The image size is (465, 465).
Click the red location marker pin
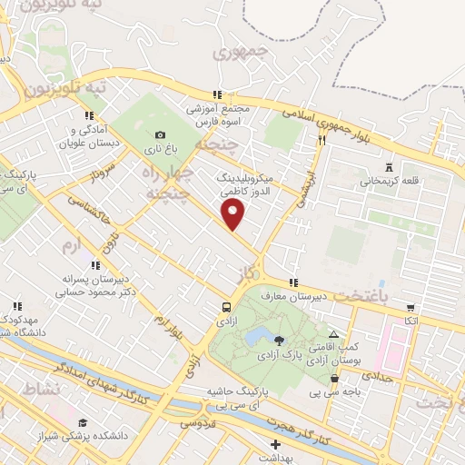(x=233, y=214)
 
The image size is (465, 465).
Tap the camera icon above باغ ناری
(x=161, y=134)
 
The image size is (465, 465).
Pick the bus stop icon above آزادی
(x=226, y=306)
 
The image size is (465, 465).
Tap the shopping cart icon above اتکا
(x=411, y=307)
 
